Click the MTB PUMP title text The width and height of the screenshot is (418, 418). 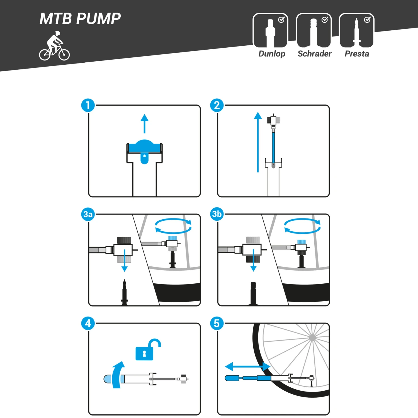click(x=80, y=19)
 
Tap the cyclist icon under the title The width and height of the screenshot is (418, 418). click(x=54, y=46)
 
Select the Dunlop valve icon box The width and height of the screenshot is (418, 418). click(x=270, y=31)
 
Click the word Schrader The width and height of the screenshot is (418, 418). click(x=314, y=54)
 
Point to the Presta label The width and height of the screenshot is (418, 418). click(x=357, y=54)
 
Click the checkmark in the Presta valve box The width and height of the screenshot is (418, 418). click(x=367, y=20)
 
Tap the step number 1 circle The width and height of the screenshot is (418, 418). click(x=88, y=105)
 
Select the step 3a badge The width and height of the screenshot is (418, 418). click(x=88, y=214)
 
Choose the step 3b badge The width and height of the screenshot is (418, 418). click(x=217, y=214)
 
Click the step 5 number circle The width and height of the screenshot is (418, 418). click(x=217, y=324)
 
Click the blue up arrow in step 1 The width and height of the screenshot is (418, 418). click(x=144, y=123)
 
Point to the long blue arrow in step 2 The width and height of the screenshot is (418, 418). click(x=258, y=142)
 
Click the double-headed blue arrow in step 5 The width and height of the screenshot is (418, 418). click(x=247, y=366)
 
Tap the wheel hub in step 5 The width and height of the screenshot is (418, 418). click(x=313, y=338)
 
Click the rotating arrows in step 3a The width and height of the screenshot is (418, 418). click(x=173, y=226)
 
